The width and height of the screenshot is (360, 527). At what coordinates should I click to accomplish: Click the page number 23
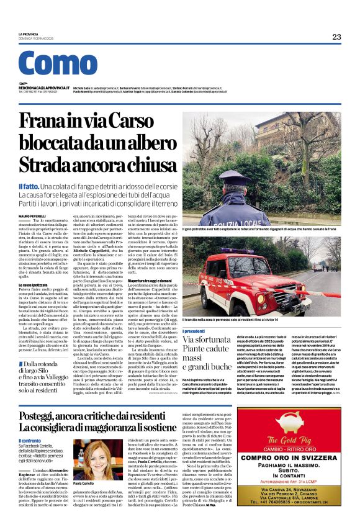[x=336, y=37]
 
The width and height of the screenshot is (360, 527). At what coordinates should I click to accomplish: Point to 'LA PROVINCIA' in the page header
[x=28, y=34]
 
